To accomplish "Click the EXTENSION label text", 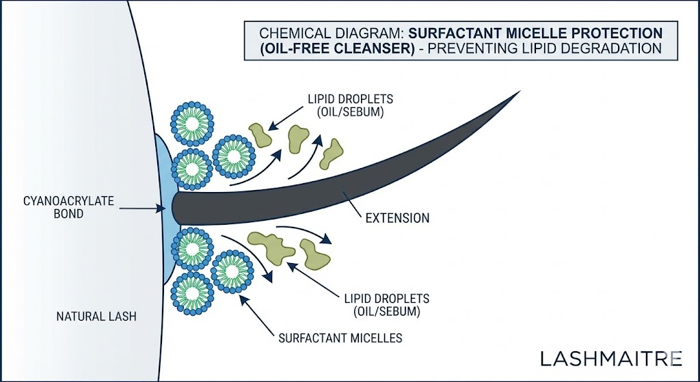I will [x=397, y=219].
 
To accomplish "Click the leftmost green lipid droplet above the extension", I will [x=260, y=135].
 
